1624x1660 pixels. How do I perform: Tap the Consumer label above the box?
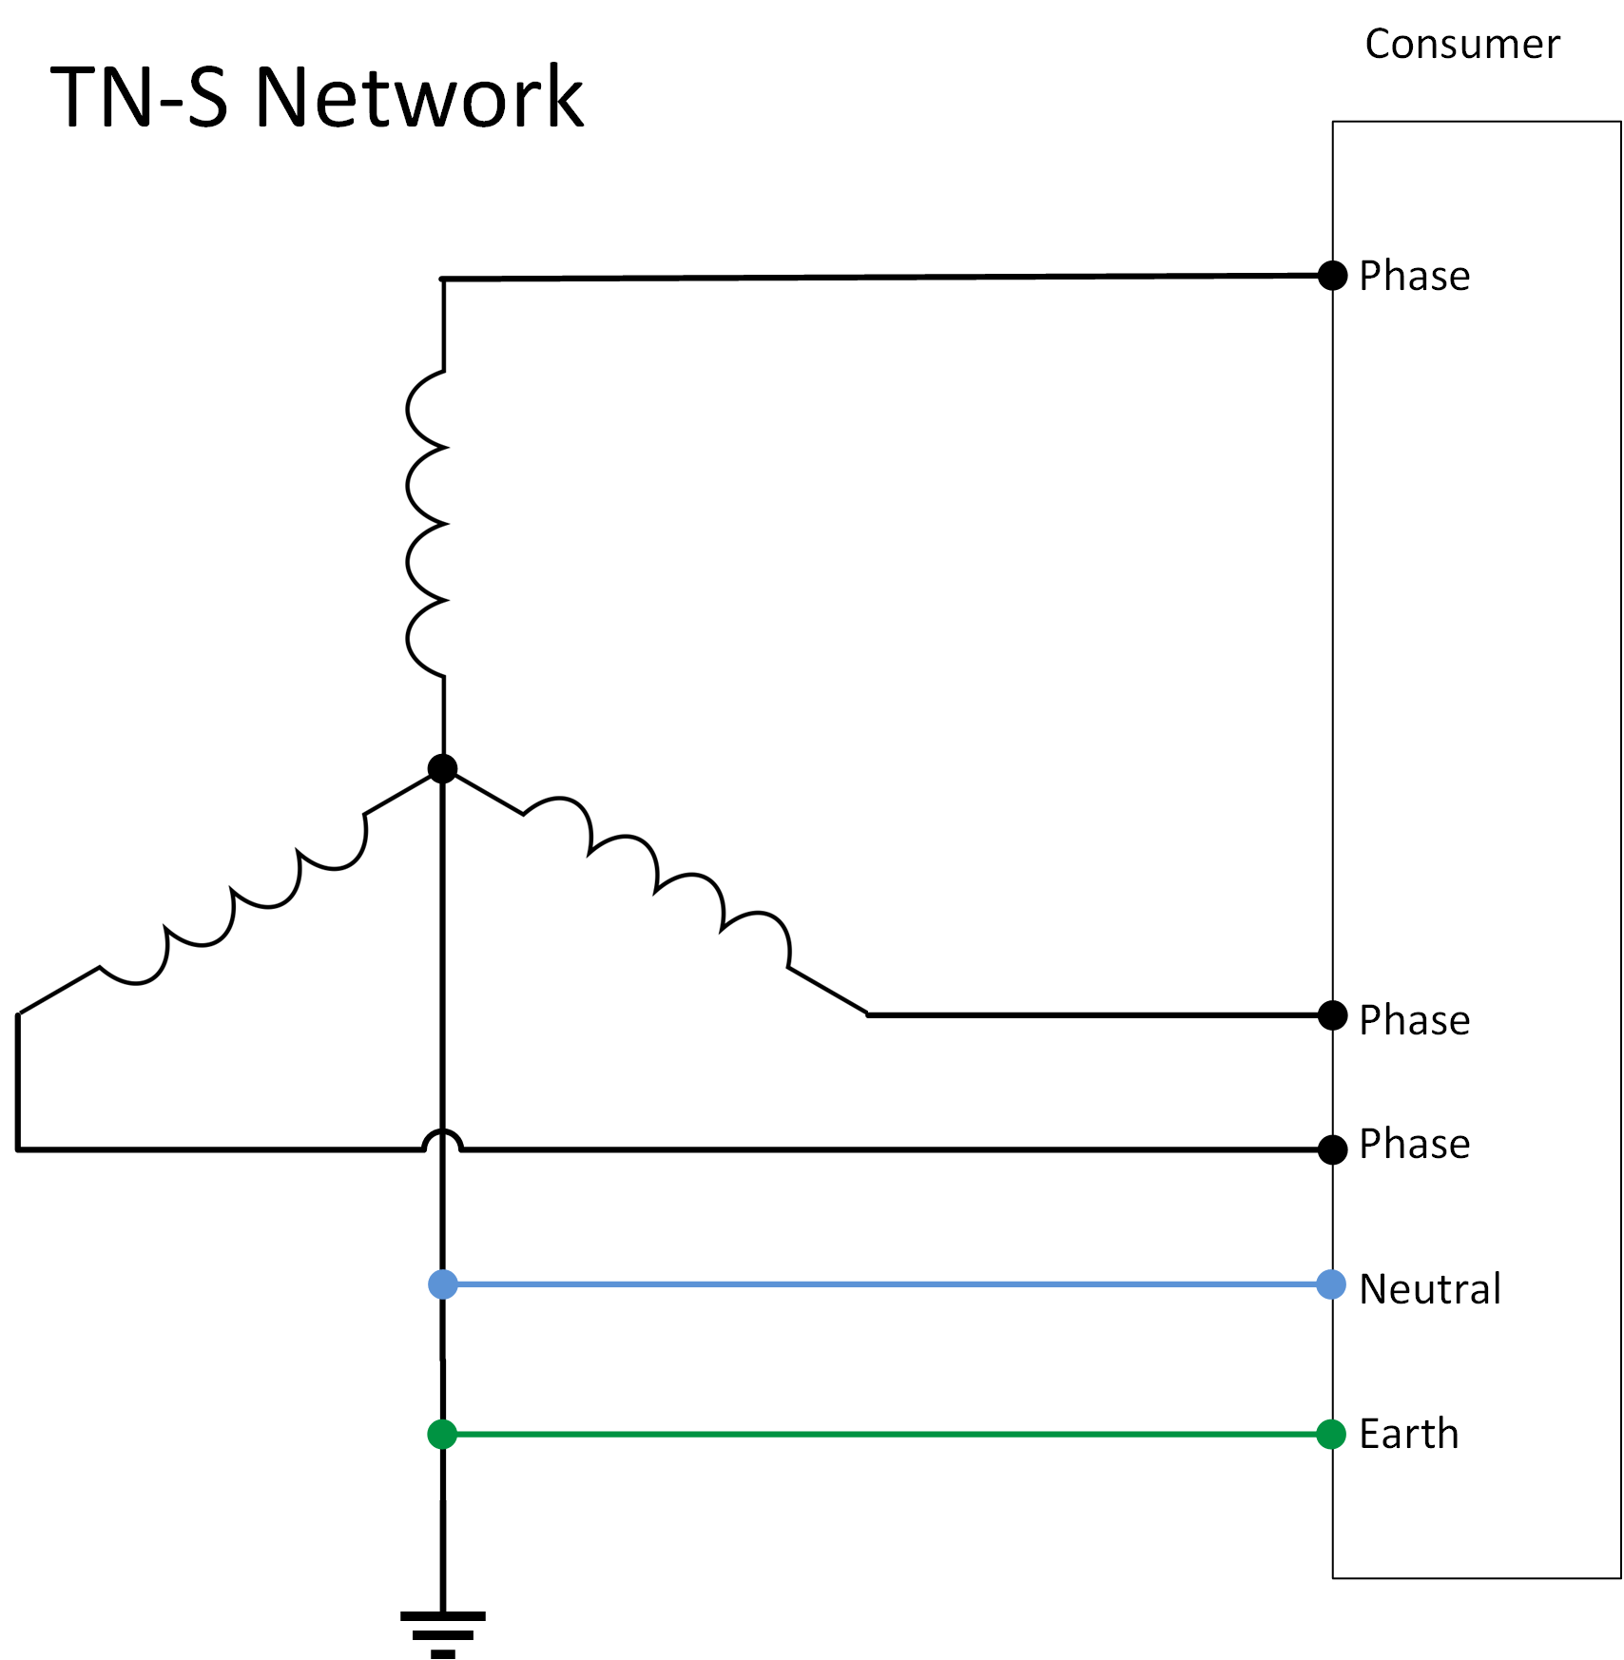tap(1462, 45)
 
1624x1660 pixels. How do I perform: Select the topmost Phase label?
tap(1414, 277)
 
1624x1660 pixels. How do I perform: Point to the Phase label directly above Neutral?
tap(1414, 1145)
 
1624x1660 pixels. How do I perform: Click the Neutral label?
tap(1430, 1290)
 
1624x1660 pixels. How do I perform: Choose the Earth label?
tap(1408, 1435)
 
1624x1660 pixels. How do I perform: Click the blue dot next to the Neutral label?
tap(1331, 1285)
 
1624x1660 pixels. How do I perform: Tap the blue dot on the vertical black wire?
tap(443, 1285)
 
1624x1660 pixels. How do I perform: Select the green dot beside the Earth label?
tap(1331, 1435)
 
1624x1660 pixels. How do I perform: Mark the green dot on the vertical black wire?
tap(442, 1435)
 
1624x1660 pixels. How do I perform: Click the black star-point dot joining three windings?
tap(442, 768)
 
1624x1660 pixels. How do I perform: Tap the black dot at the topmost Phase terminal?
tap(1333, 276)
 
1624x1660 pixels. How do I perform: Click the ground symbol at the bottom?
tap(443, 1633)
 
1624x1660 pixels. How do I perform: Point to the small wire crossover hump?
tap(442, 1140)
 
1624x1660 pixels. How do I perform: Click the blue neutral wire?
tap(884, 1285)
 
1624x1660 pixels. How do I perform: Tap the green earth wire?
tap(884, 1435)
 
